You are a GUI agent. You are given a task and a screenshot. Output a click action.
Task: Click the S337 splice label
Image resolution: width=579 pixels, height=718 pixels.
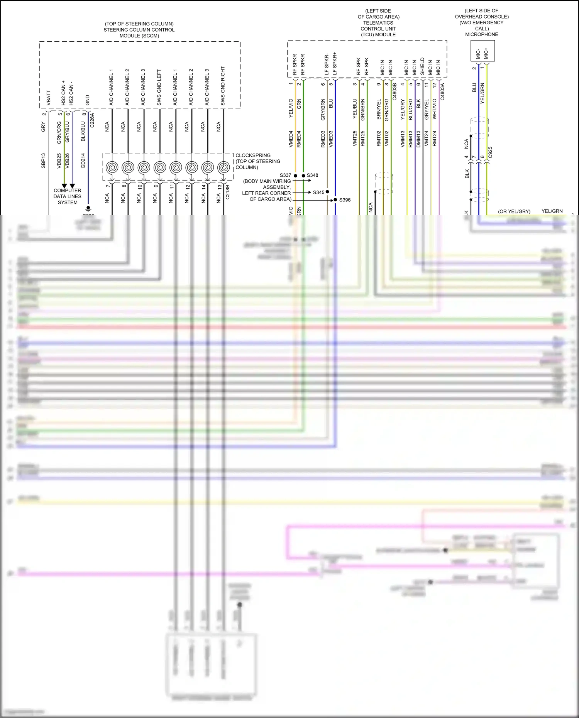coord(285,175)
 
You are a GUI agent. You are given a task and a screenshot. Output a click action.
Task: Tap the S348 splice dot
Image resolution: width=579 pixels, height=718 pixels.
coord(303,176)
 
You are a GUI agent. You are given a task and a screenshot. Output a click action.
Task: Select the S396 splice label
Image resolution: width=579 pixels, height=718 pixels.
coord(345,200)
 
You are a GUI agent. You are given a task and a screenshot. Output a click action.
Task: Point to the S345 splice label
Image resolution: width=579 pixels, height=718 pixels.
coord(318,192)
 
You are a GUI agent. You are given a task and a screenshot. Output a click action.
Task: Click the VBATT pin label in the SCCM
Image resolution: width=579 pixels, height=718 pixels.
coord(49,98)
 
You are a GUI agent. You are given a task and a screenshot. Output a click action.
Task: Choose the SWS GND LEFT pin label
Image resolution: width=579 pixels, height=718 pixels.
coord(159,88)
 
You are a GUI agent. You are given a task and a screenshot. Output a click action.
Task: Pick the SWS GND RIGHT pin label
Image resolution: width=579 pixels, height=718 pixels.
coord(223,86)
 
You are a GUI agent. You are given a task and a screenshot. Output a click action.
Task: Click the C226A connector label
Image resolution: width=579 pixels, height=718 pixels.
coord(92,120)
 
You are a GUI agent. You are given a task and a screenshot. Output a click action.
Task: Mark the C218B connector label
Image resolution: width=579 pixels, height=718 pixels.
coord(227,192)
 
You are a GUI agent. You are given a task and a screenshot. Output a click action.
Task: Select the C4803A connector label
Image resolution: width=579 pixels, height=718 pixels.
coord(442,92)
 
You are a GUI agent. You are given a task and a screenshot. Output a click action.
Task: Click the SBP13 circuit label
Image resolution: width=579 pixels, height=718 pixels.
coord(43,160)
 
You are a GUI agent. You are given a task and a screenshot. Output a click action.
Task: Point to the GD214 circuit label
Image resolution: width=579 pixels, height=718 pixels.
coord(83,160)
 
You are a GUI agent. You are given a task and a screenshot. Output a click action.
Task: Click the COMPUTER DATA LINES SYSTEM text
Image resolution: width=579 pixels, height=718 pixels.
coord(68,196)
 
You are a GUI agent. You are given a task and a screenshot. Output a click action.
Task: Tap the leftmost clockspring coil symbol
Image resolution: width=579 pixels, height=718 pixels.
coord(112,168)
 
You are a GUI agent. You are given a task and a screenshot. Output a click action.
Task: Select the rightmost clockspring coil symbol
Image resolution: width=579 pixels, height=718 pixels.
coord(223,168)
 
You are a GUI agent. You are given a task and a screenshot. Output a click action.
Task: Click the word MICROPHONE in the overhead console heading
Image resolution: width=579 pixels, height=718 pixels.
coord(481,34)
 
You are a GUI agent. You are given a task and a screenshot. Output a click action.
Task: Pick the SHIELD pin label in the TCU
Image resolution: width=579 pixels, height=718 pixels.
coord(422,66)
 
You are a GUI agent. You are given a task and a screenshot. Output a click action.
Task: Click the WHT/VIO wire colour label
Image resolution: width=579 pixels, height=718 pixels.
coord(434,109)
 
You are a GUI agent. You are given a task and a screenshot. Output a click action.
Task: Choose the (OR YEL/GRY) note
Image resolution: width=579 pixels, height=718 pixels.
coord(514,211)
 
